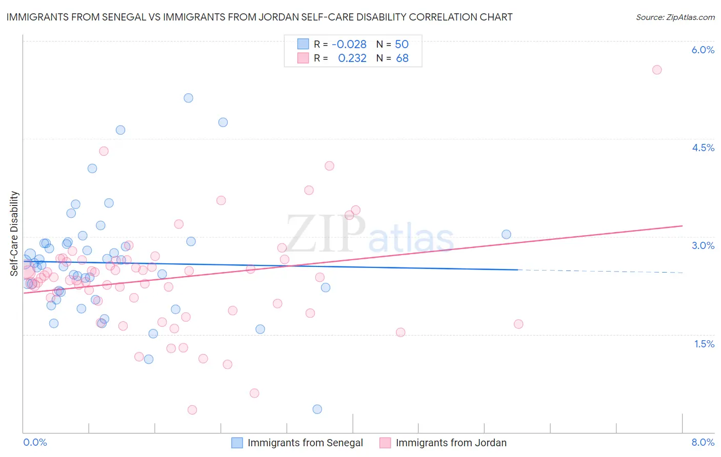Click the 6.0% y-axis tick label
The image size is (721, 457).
[x=703, y=50]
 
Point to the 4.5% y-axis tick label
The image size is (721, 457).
[x=703, y=148]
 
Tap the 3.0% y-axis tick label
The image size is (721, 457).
[x=703, y=245]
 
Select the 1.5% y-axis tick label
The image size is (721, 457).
[x=704, y=344]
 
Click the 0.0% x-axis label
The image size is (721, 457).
[x=35, y=442]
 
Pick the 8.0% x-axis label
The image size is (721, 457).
[x=703, y=442]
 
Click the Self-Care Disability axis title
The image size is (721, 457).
[x=14, y=234]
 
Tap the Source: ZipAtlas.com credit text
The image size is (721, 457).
[x=675, y=17]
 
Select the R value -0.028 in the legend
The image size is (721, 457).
[x=349, y=44]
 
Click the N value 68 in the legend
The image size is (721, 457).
[x=402, y=58]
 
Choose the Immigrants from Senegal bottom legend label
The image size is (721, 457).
[x=305, y=443]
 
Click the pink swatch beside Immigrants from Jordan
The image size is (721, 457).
[x=385, y=443]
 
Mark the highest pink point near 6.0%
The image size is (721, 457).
[x=657, y=70]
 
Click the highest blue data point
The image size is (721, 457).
[x=188, y=98]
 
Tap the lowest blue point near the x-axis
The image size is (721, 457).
[x=317, y=409]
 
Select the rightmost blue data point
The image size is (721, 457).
[x=506, y=234]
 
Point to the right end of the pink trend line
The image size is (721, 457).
[x=682, y=225]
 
